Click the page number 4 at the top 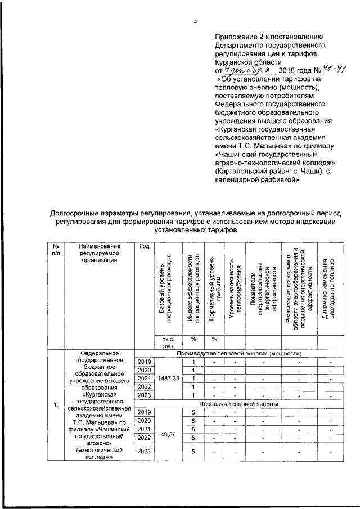(x=195, y=22)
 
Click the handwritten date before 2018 (x=247, y=71)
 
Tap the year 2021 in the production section (x=144, y=379)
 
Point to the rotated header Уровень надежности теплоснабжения (x=235, y=292)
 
